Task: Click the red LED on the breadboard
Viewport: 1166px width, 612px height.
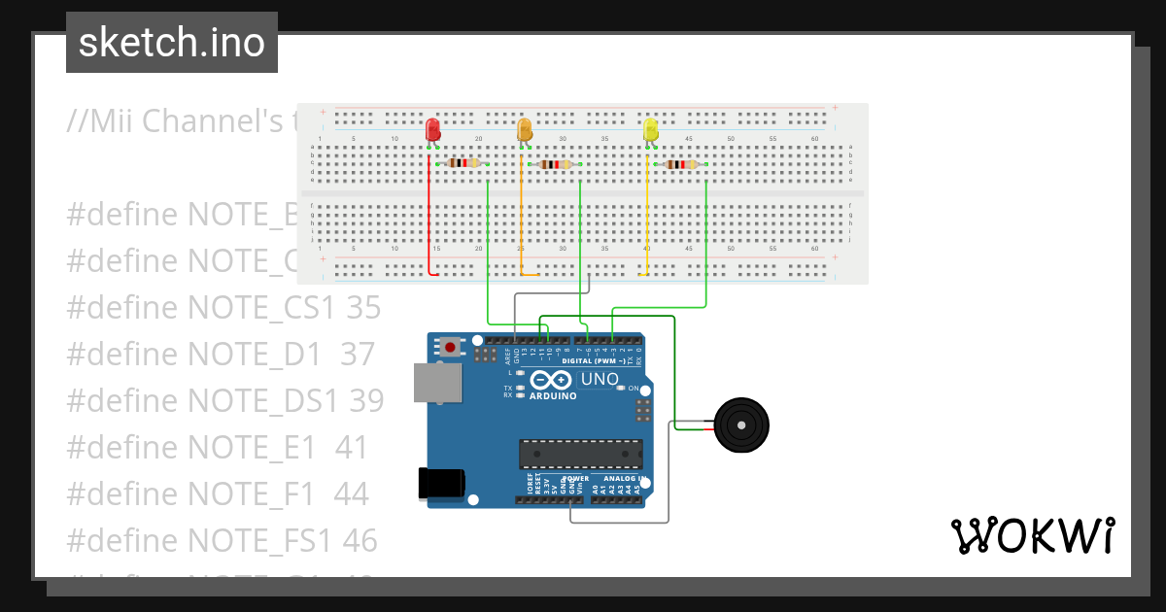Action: coord(432,129)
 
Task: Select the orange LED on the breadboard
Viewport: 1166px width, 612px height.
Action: coord(525,129)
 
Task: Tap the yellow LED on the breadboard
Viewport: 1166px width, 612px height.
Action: coord(650,129)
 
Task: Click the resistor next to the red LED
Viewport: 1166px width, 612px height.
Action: coord(461,164)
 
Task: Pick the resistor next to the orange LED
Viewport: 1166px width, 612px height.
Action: coord(555,164)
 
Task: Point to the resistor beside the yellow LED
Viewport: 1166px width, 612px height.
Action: coord(680,164)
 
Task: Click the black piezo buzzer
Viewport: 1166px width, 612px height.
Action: coord(740,425)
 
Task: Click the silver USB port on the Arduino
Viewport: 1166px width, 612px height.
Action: coord(437,383)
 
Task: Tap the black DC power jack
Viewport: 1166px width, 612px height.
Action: coord(440,482)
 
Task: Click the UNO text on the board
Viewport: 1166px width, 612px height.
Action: coord(599,379)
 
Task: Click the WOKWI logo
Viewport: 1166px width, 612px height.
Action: coord(1032,535)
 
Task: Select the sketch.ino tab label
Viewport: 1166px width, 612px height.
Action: coord(172,43)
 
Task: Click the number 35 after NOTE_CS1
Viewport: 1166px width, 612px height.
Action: coord(363,307)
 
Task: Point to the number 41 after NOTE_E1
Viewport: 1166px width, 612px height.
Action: coord(352,447)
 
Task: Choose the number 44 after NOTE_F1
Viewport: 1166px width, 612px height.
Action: coord(351,493)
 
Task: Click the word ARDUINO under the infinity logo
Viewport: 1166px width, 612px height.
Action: coord(553,396)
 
